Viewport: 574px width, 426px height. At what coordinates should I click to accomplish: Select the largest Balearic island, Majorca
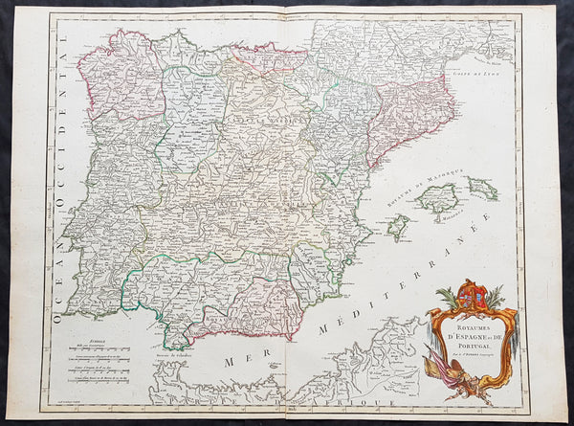click(438, 199)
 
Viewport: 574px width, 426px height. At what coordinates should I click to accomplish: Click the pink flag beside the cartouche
click(438, 370)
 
